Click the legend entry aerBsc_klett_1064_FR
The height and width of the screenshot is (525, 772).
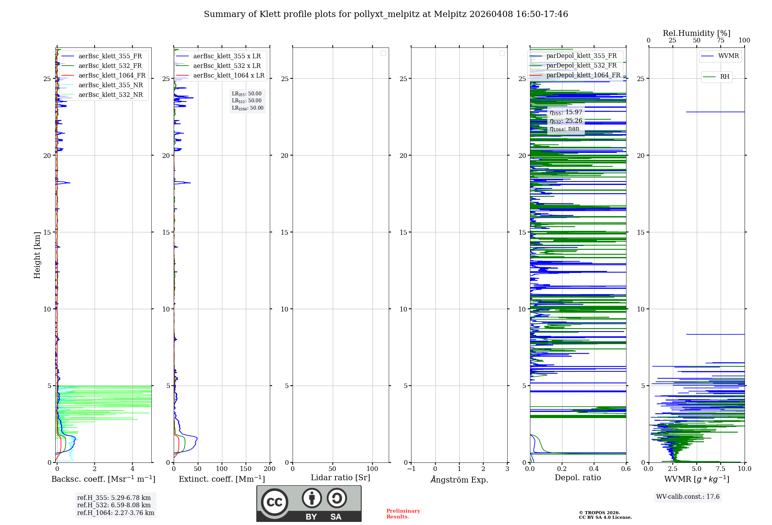pyautogui.click(x=112, y=76)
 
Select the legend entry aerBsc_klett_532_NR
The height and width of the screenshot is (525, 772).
pyautogui.click(x=110, y=95)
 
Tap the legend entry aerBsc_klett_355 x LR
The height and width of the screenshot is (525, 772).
pyautogui.click(x=227, y=56)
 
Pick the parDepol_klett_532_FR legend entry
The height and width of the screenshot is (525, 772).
pyautogui.click(x=581, y=66)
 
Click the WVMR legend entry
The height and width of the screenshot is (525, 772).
pyautogui.click(x=728, y=56)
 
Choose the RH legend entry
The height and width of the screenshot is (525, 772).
pyautogui.click(x=725, y=77)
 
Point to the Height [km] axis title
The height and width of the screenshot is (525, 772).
pyautogui.click(x=37, y=255)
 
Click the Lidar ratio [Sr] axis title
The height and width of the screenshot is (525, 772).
pyautogui.click(x=340, y=478)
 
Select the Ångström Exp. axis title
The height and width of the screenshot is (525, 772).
pyautogui.click(x=459, y=480)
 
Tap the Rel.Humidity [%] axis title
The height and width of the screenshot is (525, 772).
pyautogui.click(x=696, y=33)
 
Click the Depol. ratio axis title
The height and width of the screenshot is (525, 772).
pyautogui.click(x=577, y=478)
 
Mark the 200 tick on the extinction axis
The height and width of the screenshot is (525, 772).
pyautogui.click(x=269, y=469)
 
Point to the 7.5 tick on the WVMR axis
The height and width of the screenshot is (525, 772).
pyautogui.click(x=720, y=469)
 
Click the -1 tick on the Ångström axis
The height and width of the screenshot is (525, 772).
pyautogui.click(x=411, y=469)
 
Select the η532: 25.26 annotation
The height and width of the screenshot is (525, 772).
pyautogui.click(x=566, y=121)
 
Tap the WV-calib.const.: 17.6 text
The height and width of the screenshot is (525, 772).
pyautogui.click(x=687, y=497)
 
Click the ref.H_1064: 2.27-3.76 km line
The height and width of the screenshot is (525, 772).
pyautogui.click(x=115, y=513)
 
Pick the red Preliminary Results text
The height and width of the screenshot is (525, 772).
pyautogui.click(x=403, y=514)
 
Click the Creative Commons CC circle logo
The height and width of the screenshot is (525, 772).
pyautogui.click(x=274, y=502)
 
